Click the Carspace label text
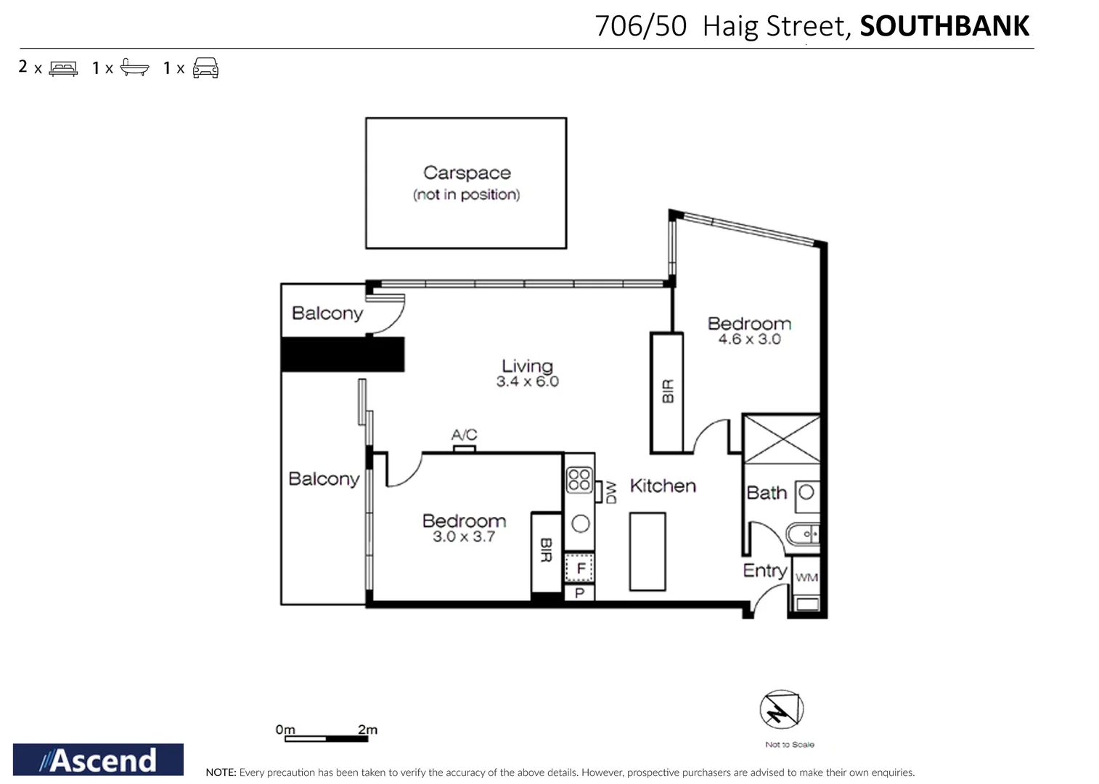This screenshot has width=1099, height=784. (467, 173)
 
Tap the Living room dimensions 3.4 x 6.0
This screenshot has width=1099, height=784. (528, 382)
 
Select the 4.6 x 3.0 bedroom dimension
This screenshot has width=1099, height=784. (749, 339)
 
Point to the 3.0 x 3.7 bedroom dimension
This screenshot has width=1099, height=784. (464, 537)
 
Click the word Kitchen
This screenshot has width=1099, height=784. (663, 486)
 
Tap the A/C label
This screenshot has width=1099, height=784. (464, 435)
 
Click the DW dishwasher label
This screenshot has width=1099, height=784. (611, 491)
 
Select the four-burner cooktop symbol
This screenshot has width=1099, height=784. (579, 480)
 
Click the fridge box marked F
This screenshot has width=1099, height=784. (580, 568)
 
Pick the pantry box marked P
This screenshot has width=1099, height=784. (579, 593)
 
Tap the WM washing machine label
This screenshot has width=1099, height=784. (806, 578)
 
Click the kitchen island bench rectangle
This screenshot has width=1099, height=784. (647, 552)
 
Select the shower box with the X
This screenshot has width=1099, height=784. (781, 438)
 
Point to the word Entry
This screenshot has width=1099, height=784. (764, 571)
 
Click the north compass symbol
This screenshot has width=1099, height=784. (781, 709)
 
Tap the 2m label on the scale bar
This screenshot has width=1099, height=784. (367, 729)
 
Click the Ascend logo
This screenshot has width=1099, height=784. (98, 759)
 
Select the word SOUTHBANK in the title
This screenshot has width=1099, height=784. (944, 26)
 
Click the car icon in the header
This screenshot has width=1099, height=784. (205, 68)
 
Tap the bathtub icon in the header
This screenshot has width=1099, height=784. (134, 68)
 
